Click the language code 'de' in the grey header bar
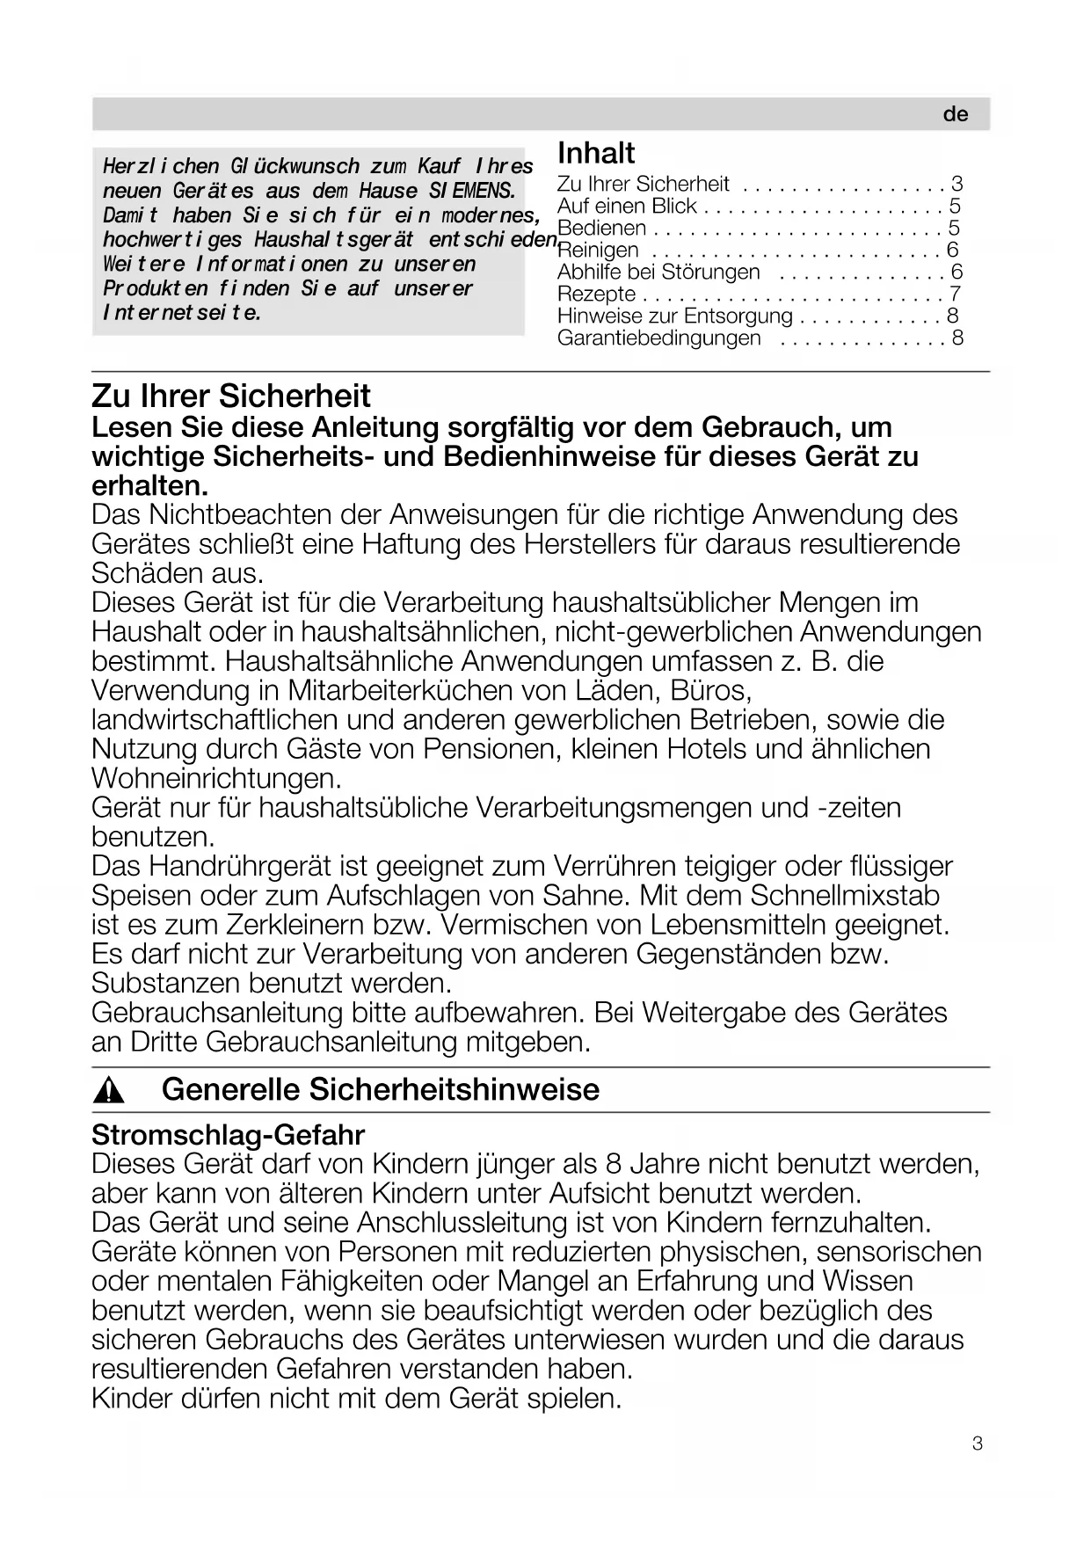955,114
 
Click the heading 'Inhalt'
596,153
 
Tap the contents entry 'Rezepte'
596,294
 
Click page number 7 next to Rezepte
956,294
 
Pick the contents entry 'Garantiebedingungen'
659,338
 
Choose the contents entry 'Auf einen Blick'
627,206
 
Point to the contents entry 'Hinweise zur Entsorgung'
674,316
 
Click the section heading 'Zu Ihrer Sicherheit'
231,396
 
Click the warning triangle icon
109,1091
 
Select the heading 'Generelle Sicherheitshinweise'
381,1089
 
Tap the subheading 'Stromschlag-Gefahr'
228,1135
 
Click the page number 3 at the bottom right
978,1444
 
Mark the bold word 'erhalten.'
150,485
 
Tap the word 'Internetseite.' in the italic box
182,313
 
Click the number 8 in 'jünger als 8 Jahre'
614,1164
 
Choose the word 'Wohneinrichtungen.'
216,778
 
